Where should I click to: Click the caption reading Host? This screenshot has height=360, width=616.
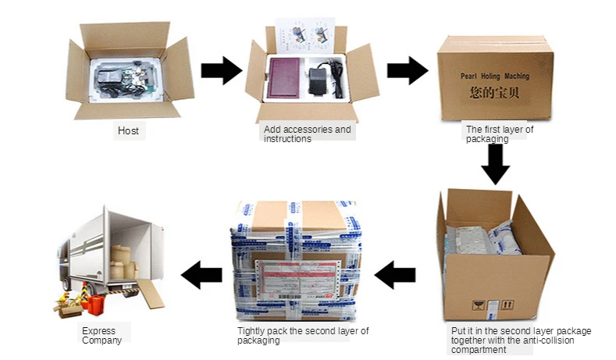[128, 130]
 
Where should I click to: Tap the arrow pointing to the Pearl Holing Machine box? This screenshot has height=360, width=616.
[407, 70]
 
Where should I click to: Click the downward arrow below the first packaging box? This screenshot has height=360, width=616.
[495, 164]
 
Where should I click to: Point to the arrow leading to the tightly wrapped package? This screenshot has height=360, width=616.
[396, 274]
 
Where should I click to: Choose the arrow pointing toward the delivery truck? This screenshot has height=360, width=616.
[201, 274]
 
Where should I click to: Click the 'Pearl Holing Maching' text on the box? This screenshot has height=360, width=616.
[493, 77]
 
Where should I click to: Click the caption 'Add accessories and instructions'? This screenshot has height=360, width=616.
[307, 134]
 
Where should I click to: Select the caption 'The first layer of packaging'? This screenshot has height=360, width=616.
[499, 134]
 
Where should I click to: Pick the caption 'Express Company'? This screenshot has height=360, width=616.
[102, 335]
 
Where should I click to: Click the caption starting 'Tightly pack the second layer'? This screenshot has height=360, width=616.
[303, 335]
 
